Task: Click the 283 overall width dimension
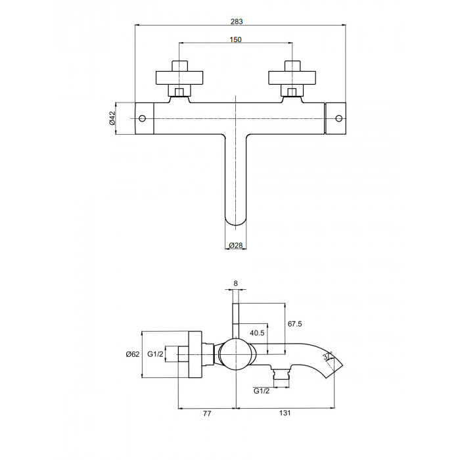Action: pos(237,22)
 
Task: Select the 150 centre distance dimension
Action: pos(235,39)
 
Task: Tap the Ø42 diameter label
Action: pos(112,118)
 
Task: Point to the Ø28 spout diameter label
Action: pos(236,245)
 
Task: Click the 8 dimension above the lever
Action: pos(235,283)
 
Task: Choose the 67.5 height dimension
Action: pos(294,324)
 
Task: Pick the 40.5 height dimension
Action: pos(257,333)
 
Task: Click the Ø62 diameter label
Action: pos(133,354)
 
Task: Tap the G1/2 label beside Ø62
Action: pos(155,354)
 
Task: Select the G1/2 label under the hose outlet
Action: pos(261,391)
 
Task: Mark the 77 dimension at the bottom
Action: pos(207,413)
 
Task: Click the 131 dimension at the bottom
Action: pos(285,413)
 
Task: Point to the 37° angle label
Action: pos(327,356)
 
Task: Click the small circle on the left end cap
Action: pos(143,118)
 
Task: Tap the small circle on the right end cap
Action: pos(339,118)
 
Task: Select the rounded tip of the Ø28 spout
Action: pos(235,222)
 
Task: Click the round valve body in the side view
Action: pos(236,354)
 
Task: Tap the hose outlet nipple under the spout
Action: pos(281,374)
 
